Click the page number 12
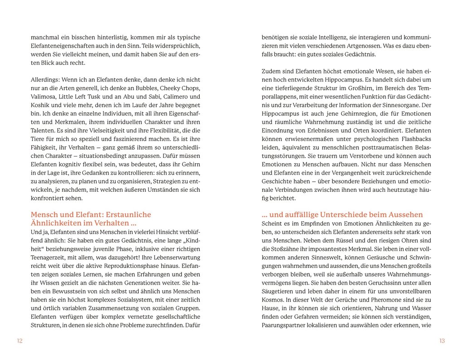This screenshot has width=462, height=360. point(19,341)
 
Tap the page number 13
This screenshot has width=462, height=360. point(442,341)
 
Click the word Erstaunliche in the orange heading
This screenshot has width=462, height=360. point(125,214)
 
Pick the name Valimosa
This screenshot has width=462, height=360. point(44,97)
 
